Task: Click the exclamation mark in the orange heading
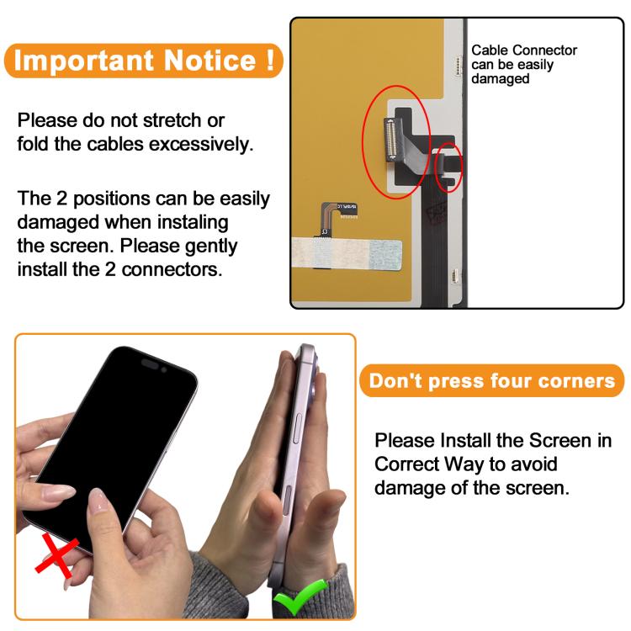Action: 270,60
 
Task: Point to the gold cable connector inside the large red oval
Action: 390,139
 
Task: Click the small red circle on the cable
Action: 449,167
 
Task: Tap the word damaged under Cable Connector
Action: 501,79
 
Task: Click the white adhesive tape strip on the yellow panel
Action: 347,253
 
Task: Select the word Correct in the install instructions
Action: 406,464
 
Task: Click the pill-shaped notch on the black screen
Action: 150,363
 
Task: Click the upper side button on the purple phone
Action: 297,428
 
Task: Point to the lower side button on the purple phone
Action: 288,501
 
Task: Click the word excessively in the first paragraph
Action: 201,144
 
